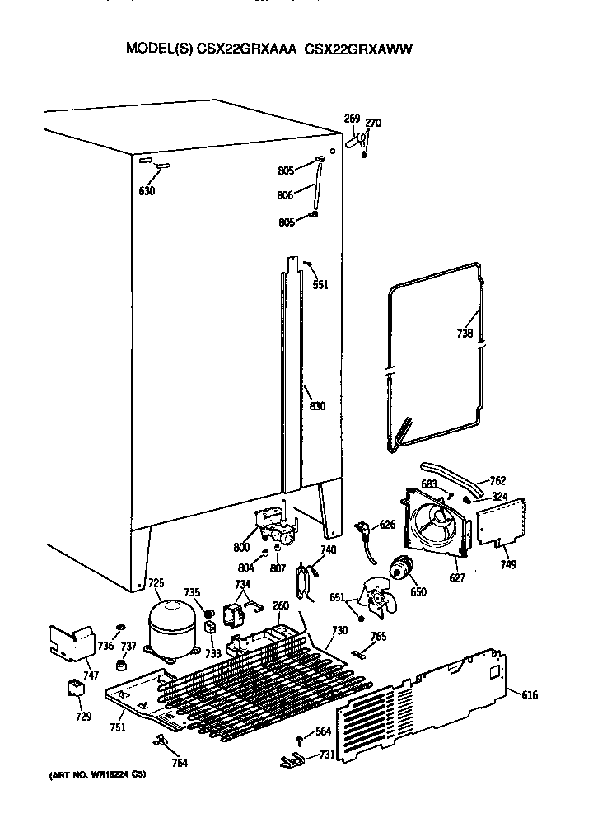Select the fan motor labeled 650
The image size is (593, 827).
[403, 568]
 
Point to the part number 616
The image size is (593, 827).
[530, 696]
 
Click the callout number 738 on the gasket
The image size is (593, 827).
[465, 334]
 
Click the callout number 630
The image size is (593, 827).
[147, 191]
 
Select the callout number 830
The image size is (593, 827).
[317, 406]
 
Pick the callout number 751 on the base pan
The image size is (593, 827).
[117, 727]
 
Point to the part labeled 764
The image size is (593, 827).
[160, 744]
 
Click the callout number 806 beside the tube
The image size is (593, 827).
[285, 196]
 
